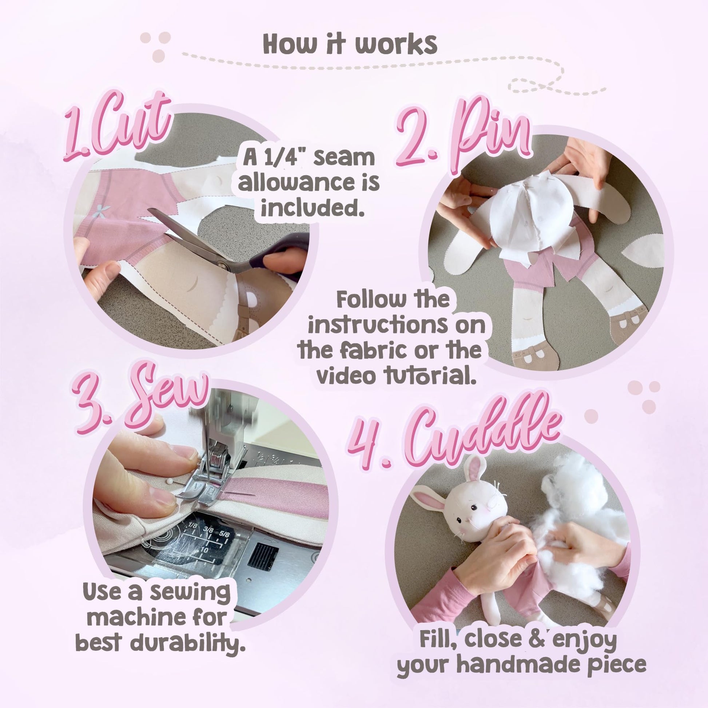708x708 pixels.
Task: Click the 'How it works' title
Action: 350,45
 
